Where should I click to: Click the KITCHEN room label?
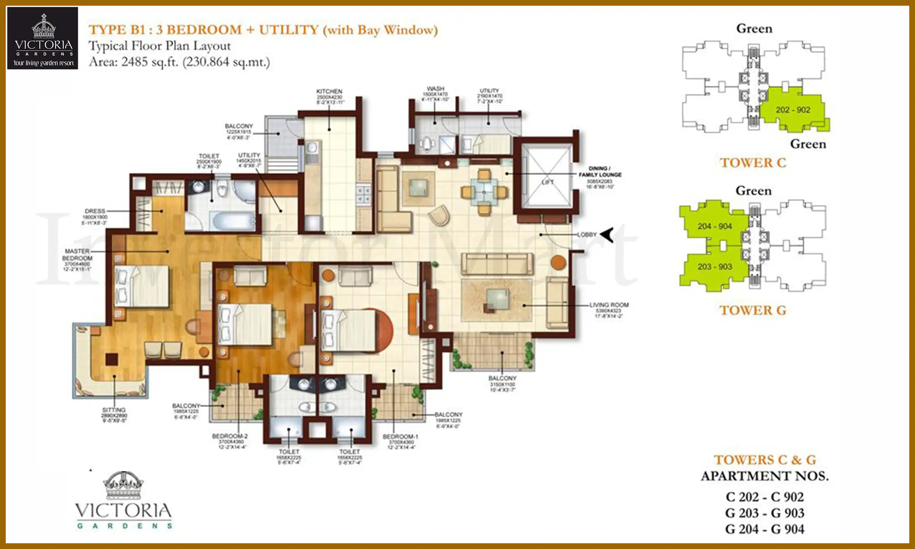[x=329, y=91]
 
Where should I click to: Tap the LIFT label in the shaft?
[x=547, y=182]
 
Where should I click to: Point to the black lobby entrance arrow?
[x=607, y=234]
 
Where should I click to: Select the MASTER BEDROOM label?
[x=77, y=255]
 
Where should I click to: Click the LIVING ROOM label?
[x=609, y=305]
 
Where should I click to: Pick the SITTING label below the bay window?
[x=114, y=410]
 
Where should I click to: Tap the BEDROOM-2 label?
[x=230, y=436]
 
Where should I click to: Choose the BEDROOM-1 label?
[x=400, y=437]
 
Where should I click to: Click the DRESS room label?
[x=95, y=211]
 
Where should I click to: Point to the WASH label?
[x=435, y=89]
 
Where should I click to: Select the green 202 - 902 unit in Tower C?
[x=793, y=110]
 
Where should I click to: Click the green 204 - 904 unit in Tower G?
[x=714, y=226]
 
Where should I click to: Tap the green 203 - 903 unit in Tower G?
[x=714, y=266]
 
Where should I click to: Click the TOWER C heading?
[x=753, y=163]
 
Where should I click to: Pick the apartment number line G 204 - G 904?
[x=764, y=529]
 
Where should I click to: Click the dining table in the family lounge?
[x=484, y=192]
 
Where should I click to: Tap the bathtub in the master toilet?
[x=233, y=220]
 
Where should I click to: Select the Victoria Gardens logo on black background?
[x=43, y=38]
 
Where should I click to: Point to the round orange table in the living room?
[x=558, y=262]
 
